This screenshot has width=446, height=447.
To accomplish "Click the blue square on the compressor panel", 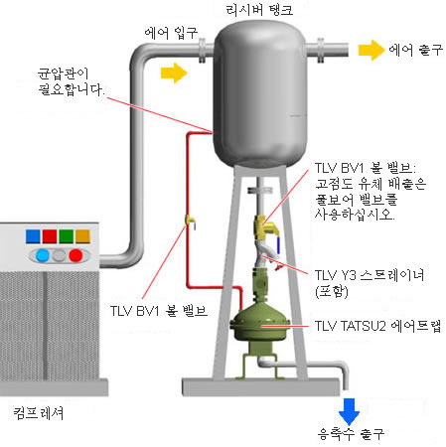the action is tap(33, 236).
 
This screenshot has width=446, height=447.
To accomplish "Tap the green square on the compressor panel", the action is tap(67, 236).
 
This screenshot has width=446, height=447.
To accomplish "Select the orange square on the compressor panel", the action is tap(82, 236).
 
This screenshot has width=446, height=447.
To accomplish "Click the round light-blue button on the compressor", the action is tap(43, 255).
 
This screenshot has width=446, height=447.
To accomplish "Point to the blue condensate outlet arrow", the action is tap(349, 411).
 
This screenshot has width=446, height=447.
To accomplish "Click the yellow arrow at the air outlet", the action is tap(372, 51).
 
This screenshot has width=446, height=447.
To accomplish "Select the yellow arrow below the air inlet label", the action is tap(174, 74).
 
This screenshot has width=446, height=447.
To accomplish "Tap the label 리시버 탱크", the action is tap(259, 10).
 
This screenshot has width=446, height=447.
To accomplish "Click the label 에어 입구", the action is tap(171, 33).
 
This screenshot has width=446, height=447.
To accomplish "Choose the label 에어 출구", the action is tap(416, 50).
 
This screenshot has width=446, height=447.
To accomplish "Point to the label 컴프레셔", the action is tap(39, 413).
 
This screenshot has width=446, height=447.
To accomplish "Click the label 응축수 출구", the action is tap(351, 434).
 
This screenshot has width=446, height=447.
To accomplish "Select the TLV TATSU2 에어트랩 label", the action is tap(377, 326).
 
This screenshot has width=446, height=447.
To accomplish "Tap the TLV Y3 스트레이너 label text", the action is tap(370, 275).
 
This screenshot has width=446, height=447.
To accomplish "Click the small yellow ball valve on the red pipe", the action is tap(190, 221).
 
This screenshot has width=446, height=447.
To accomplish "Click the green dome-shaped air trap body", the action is tap(260, 323).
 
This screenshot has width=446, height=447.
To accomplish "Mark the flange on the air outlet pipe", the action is tap(321, 51).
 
